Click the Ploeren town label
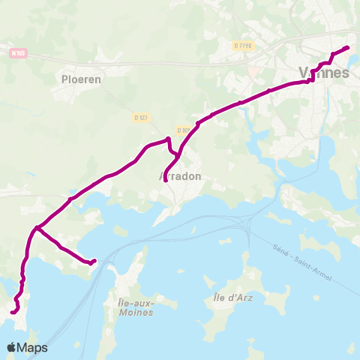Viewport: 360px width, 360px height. pyautogui.click(x=82, y=77)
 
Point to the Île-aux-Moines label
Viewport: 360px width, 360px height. pyautogui.click(x=136, y=307)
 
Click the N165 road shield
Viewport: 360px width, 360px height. pyautogui.click(x=18, y=53)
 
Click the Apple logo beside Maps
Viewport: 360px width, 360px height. pyautogui.click(x=13, y=347)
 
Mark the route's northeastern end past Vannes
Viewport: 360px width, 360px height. pyautogui.click(x=347, y=48)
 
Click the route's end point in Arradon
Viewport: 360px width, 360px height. pyautogui.click(x=164, y=180)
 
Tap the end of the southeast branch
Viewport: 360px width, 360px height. pyautogui.click(x=94, y=261)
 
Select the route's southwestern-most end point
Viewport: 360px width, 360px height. pyautogui.click(x=13, y=311)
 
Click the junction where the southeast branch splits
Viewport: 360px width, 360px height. pyautogui.click(x=37, y=226)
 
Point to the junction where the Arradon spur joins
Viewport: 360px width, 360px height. pyautogui.click(x=197, y=123)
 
